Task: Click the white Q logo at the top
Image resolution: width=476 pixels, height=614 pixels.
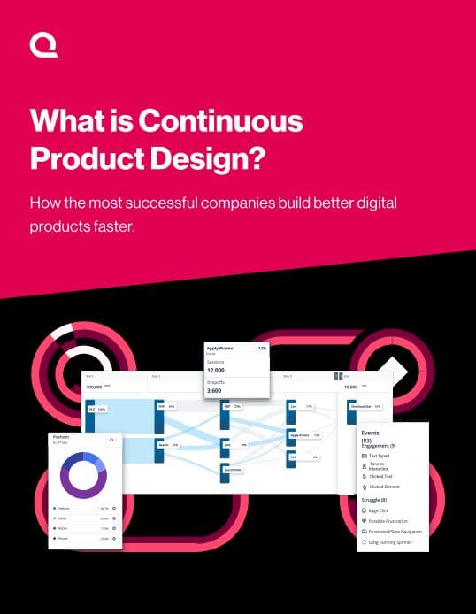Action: coord(43,45)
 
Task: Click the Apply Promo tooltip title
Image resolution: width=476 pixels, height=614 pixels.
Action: coord(221,349)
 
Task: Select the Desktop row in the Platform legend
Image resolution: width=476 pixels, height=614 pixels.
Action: coord(69,509)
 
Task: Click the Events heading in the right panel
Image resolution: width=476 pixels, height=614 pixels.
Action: coord(371,434)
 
